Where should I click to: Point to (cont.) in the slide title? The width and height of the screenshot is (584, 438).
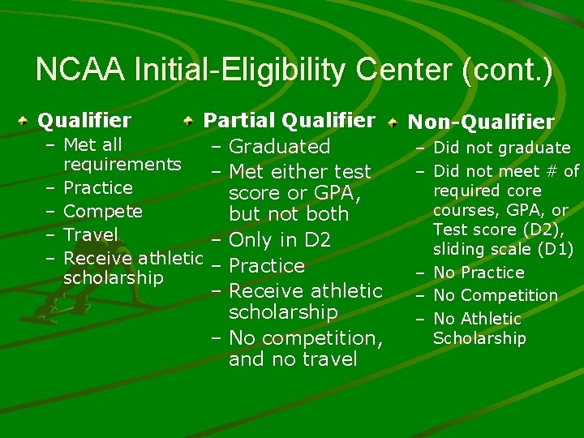coord(507,71)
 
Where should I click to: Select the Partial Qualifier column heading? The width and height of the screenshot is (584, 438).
coord(289,121)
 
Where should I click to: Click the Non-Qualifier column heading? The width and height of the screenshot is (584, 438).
coord(481,122)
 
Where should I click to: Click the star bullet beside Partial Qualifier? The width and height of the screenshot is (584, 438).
coord(188,121)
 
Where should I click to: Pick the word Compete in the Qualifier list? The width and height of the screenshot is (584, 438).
coord(103,212)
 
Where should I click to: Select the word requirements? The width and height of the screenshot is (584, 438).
coord(122,165)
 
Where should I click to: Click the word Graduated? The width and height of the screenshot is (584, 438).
coord(280,147)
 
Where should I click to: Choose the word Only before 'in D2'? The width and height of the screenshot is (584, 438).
coord(250,240)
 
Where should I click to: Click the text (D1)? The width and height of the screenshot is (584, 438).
coord(555,250)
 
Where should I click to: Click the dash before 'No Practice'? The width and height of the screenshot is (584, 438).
coord(422,273)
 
